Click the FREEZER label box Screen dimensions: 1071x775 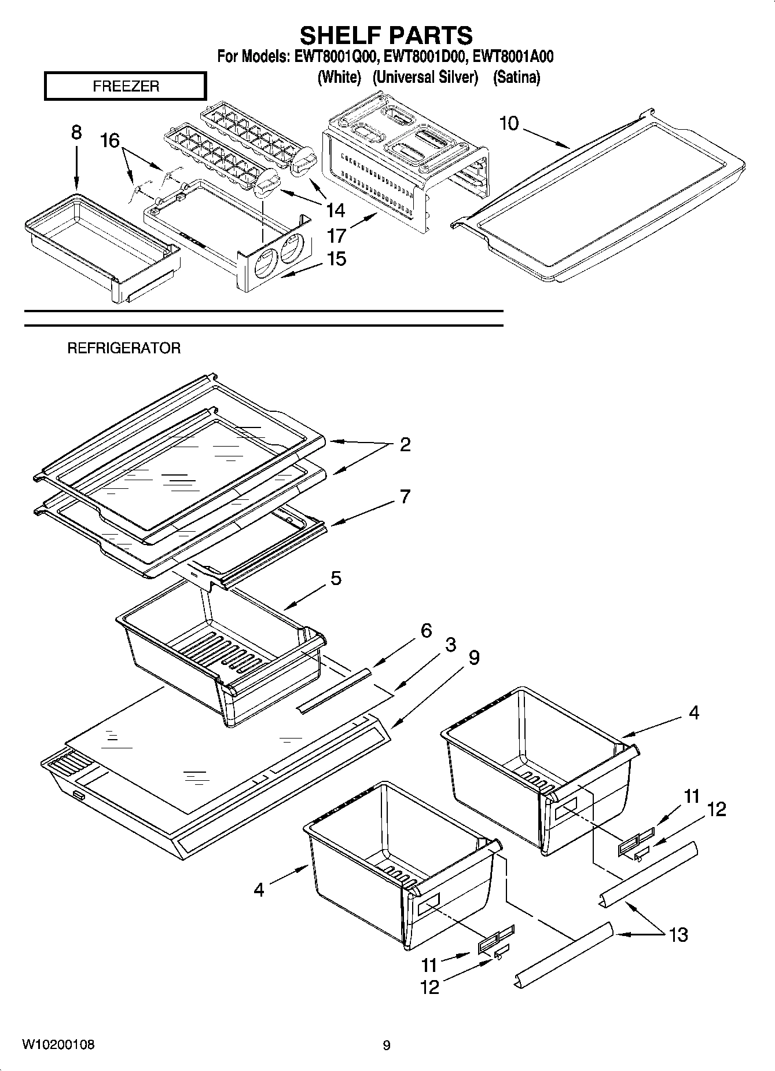[125, 86]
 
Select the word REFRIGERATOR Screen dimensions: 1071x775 [124, 348]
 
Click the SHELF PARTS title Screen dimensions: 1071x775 [386, 36]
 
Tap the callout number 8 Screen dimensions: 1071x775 [76, 133]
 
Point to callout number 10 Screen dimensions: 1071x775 [509, 123]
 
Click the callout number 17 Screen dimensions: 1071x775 [336, 236]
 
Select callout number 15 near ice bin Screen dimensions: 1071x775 [336, 258]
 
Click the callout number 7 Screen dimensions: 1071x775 [405, 496]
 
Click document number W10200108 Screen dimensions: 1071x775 [58, 1044]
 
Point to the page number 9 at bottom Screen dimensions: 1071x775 [387, 1046]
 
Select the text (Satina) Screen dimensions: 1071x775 [516, 77]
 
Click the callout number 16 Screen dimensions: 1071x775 [109, 140]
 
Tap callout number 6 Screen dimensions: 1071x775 [426, 630]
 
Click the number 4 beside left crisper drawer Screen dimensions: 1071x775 [259, 889]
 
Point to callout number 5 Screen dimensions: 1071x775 [336, 578]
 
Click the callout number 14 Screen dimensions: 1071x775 [336, 209]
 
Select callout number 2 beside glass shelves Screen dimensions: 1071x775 [405, 445]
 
